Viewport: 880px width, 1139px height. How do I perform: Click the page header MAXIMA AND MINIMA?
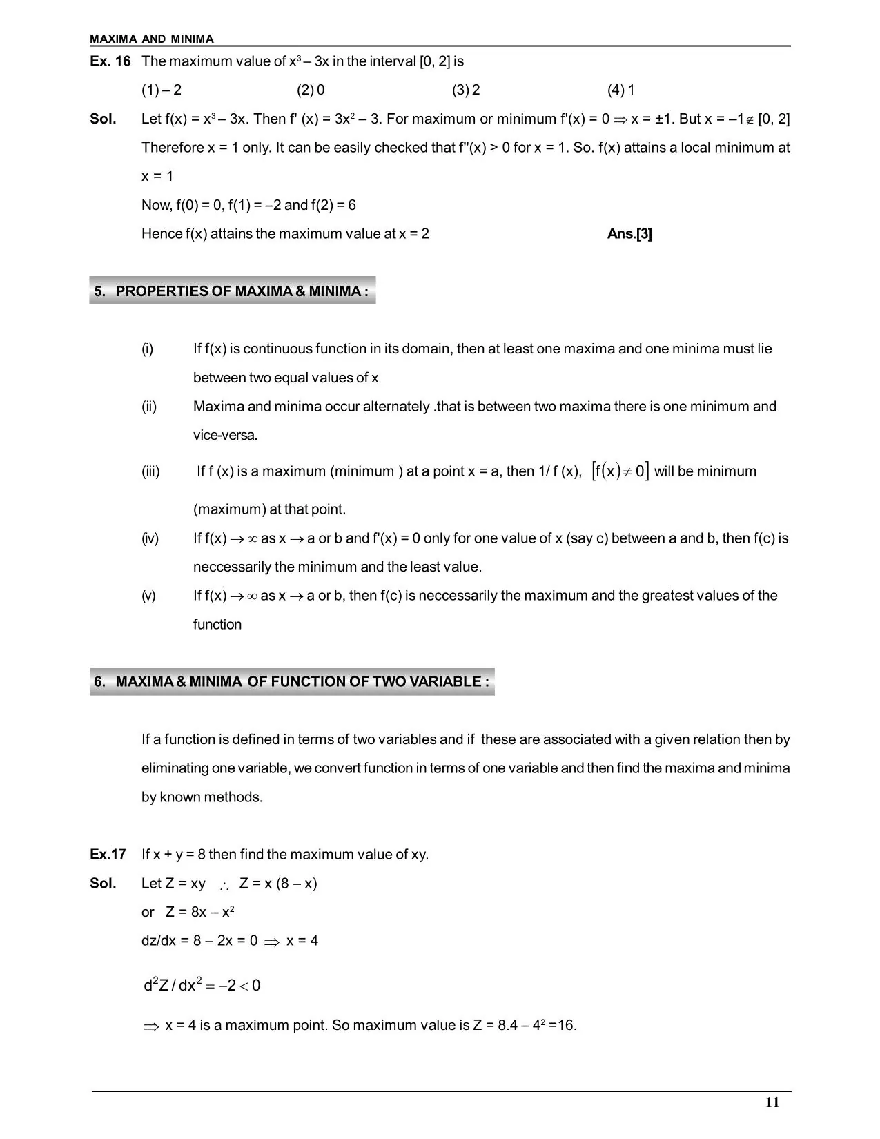coord(152,39)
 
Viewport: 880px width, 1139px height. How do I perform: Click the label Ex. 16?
coord(110,61)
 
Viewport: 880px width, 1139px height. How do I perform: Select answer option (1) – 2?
coord(162,90)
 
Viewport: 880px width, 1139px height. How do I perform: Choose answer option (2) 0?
coord(311,90)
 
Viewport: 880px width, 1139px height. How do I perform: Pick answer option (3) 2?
coord(466,90)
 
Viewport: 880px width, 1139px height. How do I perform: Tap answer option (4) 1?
coord(621,90)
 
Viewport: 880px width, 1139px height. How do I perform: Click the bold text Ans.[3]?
coord(629,234)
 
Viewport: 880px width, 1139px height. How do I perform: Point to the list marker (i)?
coord(148,349)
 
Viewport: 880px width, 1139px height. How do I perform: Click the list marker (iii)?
coord(150,471)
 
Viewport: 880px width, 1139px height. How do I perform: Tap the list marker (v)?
coord(149,596)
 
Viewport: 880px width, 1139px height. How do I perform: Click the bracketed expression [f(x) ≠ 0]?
coord(620,471)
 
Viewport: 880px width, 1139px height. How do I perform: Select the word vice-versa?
coord(225,436)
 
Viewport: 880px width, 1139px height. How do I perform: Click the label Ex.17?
coord(108,855)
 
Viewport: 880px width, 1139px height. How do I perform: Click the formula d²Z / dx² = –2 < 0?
coord(202,985)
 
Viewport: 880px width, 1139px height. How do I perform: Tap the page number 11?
coord(772,1102)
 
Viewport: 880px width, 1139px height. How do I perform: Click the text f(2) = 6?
coord(333,205)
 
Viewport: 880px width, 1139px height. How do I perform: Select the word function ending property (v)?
coord(217,625)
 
